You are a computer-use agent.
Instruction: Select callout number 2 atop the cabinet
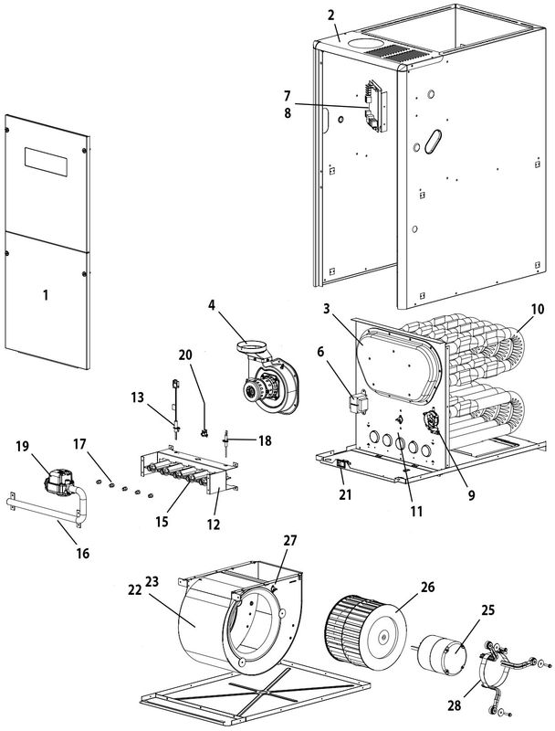tap(332, 16)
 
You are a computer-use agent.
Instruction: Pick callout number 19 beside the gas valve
tap(22, 449)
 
